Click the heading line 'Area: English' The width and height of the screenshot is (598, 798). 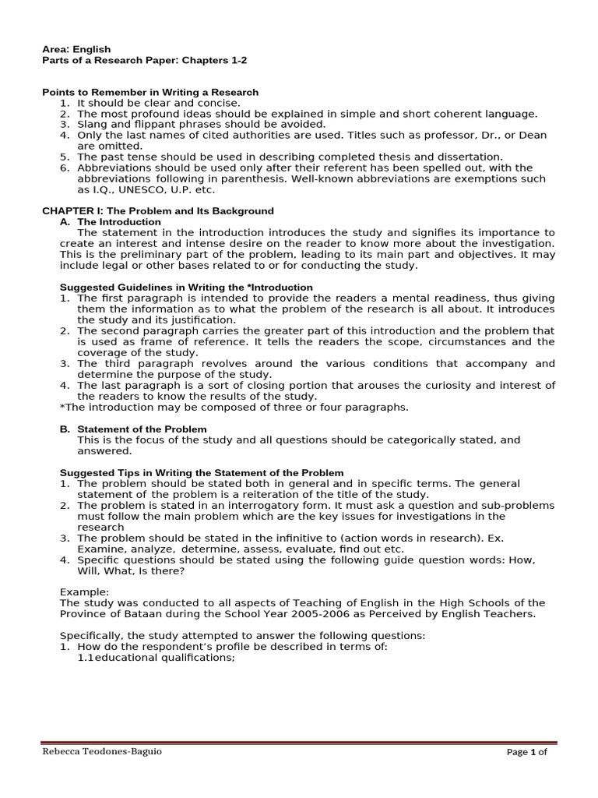[x=76, y=49]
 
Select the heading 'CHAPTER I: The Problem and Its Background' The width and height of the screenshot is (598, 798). [x=157, y=211]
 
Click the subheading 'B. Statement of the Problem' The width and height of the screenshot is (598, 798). [x=133, y=429]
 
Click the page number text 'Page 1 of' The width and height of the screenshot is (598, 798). [x=527, y=752]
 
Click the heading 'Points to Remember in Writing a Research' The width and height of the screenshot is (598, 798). [x=149, y=93]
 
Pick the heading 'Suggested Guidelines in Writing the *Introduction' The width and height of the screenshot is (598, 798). [x=186, y=288]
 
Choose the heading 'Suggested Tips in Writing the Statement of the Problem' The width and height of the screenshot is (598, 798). [x=202, y=473]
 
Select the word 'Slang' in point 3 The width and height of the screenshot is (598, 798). [x=91, y=124]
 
